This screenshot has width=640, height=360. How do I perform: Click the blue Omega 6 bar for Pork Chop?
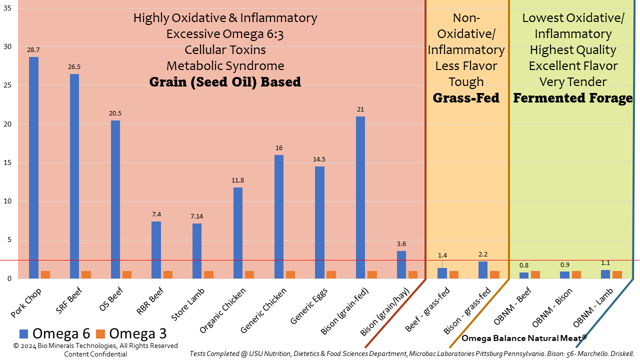pos(33,167)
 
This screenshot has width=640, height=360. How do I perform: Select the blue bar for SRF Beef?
pos(74,176)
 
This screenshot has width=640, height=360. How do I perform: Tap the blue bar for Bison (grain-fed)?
pos(360,197)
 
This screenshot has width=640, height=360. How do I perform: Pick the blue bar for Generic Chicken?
pos(278,216)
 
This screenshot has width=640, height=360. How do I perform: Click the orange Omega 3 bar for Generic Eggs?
pos(331,274)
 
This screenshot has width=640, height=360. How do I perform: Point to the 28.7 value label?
pos(33,50)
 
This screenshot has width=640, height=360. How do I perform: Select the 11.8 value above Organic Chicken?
pos(238,180)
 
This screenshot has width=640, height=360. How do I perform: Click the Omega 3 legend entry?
pos(131,333)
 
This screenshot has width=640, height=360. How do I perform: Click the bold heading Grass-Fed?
pos(466,98)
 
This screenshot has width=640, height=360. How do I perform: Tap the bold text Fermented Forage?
pos(573,98)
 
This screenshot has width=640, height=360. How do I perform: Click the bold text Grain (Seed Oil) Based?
pos(225,82)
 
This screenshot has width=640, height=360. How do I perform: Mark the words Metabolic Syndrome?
pos(225,66)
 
